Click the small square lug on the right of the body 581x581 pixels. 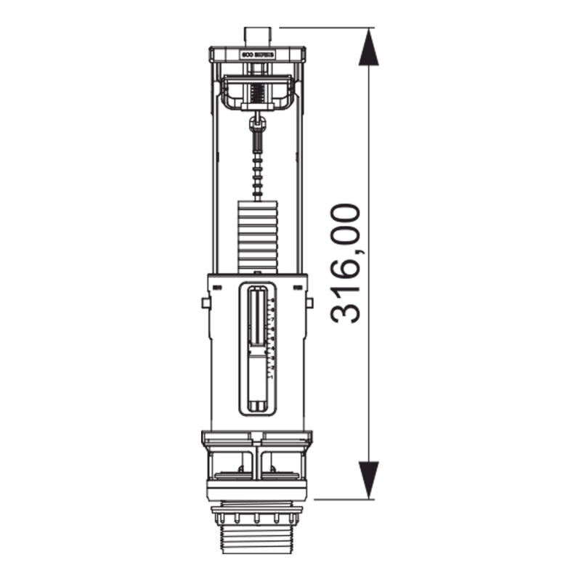[311, 302]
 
